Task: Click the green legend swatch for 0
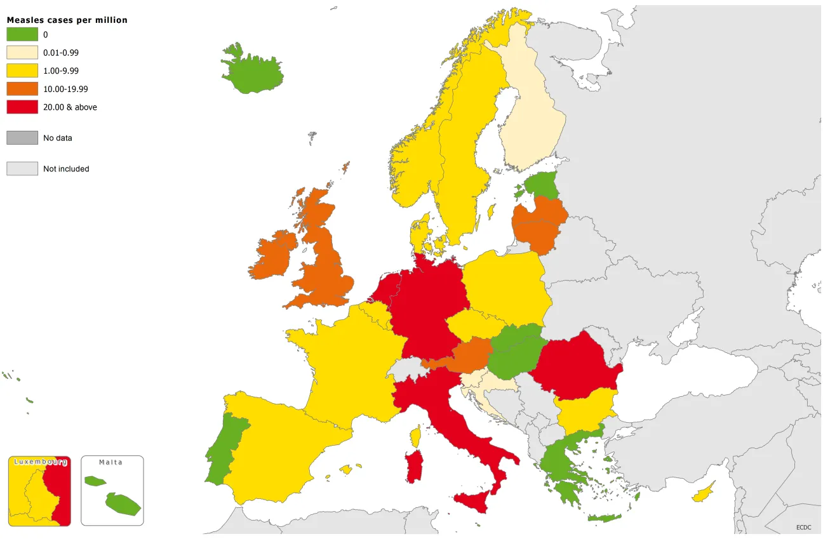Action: pos(22,34)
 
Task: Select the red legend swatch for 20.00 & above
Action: pos(22,107)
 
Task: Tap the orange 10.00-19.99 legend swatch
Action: pos(22,88)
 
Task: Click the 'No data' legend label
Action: pos(58,138)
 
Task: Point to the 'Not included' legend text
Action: pos(66,169)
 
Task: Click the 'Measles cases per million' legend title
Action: pos(67,20)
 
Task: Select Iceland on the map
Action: pos(253,67)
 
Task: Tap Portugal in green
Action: pos(222,444)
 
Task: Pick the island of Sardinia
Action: pos(415,467)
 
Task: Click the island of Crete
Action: pos(604,518)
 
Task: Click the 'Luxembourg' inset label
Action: pos(39,462)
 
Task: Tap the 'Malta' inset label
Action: pos(110,462)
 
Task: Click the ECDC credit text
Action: pos(804,528)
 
